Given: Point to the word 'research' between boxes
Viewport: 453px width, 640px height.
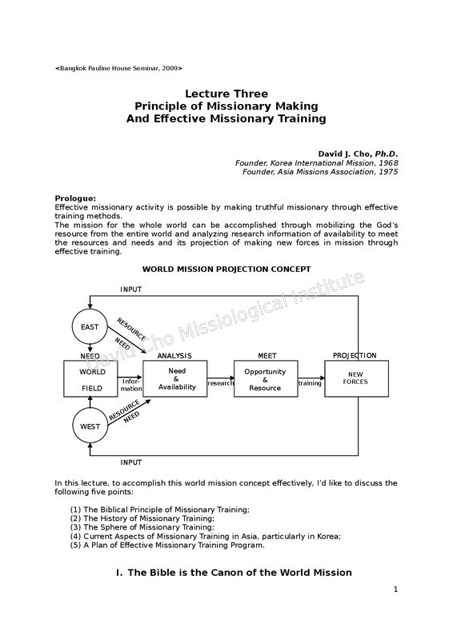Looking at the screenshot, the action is [221, 383].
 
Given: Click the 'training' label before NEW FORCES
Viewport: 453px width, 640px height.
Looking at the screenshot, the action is [310, 383].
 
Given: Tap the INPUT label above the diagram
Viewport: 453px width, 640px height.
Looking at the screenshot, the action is [130, 290].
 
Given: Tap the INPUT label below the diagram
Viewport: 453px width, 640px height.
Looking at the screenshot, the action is [130, 462].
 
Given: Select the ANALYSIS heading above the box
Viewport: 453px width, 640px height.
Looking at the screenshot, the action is [174, 356].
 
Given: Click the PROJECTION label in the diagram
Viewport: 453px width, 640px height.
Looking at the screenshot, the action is [355, 355].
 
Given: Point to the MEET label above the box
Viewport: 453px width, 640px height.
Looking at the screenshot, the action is [267, 356].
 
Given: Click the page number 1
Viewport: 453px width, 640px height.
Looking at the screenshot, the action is [395, 590].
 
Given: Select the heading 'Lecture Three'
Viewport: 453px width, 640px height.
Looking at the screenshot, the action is [226, 94].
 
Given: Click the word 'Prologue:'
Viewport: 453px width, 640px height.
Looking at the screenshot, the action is [75, 198].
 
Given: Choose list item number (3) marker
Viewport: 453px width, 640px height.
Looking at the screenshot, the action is [75, 527].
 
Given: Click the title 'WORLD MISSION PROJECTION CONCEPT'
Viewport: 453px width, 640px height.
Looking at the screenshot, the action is [226, 270].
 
